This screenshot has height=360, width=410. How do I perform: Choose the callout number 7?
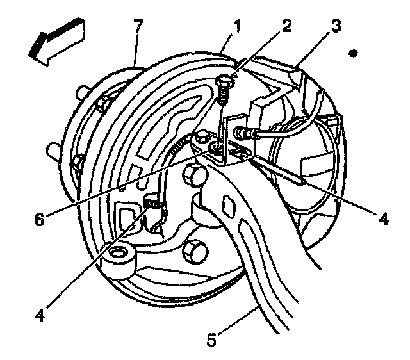(137, 28)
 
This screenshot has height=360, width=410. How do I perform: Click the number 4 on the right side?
(383, 219)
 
